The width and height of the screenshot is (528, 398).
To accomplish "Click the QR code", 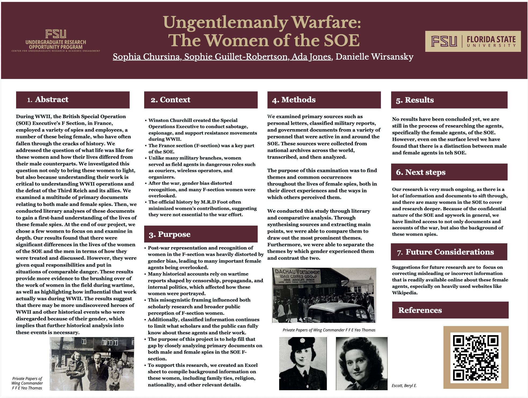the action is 476,357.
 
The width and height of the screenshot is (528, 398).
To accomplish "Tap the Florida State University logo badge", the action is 473,41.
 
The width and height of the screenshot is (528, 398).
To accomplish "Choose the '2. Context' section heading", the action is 170,100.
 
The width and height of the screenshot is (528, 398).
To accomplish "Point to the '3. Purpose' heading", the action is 170,234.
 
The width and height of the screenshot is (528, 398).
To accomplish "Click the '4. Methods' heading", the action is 294,100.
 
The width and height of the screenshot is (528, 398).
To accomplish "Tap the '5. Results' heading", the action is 415,100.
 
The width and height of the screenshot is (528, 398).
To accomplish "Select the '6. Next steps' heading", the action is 421,172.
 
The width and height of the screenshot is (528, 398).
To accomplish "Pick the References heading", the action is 420,310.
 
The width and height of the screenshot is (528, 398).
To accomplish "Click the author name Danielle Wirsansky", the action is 374,57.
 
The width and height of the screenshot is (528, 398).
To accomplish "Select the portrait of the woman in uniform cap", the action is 303,363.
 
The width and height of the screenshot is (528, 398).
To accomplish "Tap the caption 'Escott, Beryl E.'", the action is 404,386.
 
